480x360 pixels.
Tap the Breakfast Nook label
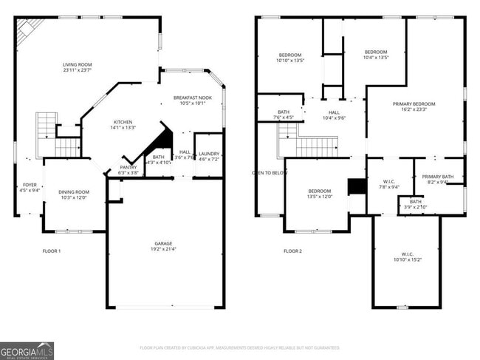coord(193,101)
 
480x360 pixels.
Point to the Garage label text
coord(165,245)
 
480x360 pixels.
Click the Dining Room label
coord(73,194)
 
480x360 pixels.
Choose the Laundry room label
coord(209,156)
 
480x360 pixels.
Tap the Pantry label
coord(128,170)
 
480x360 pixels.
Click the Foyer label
coord(30,188)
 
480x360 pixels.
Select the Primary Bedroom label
coord(414,107)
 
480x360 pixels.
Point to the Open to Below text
coord(269,172)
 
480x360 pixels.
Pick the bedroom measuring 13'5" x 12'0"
coord(320,194)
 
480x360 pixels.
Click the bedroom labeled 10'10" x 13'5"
coord(290,58)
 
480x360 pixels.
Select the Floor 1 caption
coord(51,251)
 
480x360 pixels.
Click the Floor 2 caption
coord(293,251)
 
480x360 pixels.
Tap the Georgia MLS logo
coord(27,350)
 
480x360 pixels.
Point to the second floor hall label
coord(334,115)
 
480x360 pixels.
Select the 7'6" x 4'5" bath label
coord(284,115)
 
